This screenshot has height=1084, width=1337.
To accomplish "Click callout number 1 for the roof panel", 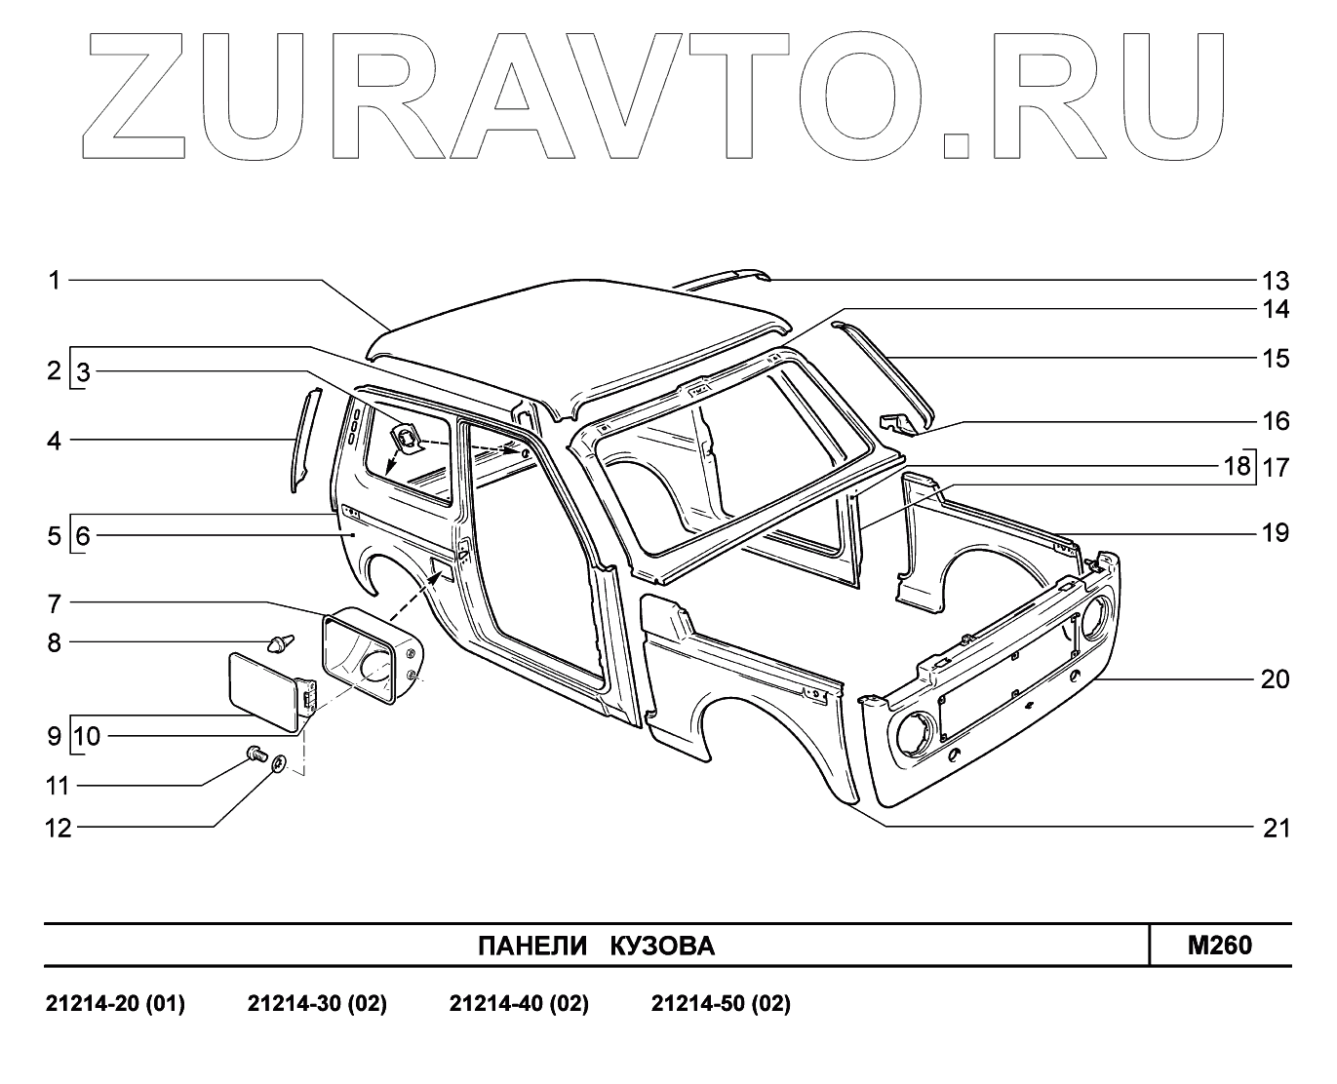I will click(x=55, y=281).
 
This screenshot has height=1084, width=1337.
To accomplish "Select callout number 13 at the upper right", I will click(x=1275, y=282).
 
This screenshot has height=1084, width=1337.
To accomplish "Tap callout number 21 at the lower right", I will click(x=1276, y=829).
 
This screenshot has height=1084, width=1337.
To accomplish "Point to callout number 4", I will click(x=55, y=441).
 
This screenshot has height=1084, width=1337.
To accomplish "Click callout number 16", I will click(x=1275, y=421).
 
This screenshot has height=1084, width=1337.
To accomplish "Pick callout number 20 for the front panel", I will click(x=1275, y=679).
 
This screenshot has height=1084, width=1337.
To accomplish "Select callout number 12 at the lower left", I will click(x=59, y=829).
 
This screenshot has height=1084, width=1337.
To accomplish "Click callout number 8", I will click(x=55, y=642).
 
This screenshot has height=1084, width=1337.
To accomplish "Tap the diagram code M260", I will click(x=1219, y=945).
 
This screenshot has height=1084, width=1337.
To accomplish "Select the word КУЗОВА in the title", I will click(x=662, y=947).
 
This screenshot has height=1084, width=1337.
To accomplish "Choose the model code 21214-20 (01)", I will click(x=115, y=1004).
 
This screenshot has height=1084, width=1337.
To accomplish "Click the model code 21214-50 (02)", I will click(x=721, y=1004).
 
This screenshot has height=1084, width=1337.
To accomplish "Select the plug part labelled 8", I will click(x=281, y=643).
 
